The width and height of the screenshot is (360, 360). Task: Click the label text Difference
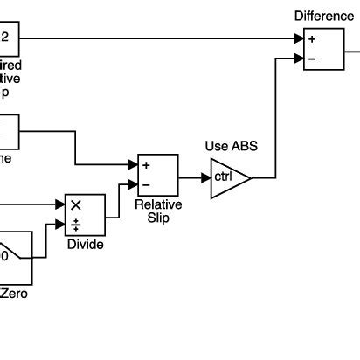[x=323, y=16]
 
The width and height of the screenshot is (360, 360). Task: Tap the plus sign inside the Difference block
[x=313, y=39]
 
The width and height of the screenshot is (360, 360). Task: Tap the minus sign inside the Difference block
[x=313, y=59]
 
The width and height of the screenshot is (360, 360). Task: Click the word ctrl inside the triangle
[x=225, y=178]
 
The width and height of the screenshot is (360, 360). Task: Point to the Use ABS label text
[x=230, y=145]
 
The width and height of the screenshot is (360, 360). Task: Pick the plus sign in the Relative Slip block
[x=147, y=165]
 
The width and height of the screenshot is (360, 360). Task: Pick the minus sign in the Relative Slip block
[x=147, y=185]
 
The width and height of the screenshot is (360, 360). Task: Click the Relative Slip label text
[x=158, y=211]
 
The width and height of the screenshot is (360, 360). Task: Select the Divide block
[x=85, y=215]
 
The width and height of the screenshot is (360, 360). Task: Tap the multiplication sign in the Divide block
[x=75, y=204]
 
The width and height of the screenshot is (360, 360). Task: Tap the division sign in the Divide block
[x=75, y=225]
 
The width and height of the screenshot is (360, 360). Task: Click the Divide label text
[x=85, y=245]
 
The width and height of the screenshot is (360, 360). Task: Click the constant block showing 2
[x=7, y=38]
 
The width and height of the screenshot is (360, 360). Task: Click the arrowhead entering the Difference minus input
[x=299, y=59]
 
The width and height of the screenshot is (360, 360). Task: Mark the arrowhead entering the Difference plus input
[x=299, y=38]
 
